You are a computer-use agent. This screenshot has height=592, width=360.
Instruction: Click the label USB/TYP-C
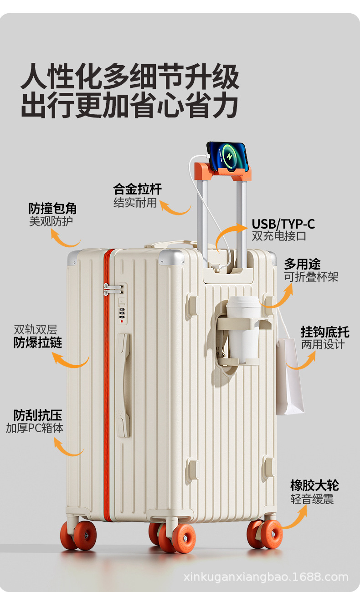tap(283, 224)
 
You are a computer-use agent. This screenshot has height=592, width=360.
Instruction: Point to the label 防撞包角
tap(52, 209)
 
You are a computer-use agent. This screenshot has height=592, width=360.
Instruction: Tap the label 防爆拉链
tap(38, 342)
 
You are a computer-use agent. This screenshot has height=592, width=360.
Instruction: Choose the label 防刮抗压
tap(37, 415)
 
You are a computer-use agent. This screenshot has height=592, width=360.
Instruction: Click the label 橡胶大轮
tap(314, 485)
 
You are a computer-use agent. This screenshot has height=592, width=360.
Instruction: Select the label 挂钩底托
tap(324, 332)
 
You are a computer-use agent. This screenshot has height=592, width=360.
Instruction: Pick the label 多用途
tap(302, 264)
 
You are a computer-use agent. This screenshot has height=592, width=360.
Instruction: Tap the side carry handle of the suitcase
tap(123, 385)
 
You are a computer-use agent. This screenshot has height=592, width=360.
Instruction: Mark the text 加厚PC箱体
tap(35, 428)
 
